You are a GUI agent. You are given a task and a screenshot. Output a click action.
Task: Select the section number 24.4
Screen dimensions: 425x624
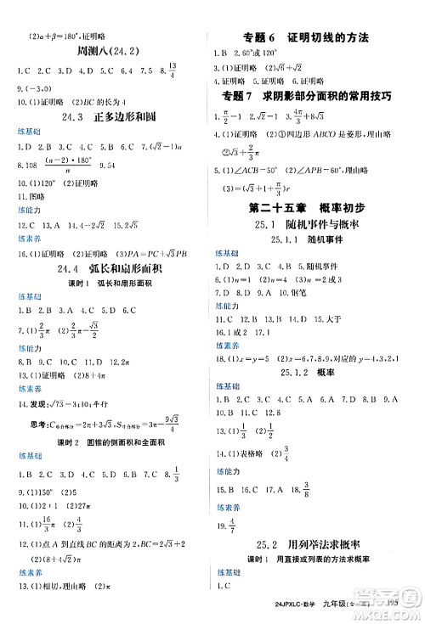click(68, 271)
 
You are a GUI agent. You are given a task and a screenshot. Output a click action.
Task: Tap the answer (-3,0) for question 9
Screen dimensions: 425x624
click(42, 86)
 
